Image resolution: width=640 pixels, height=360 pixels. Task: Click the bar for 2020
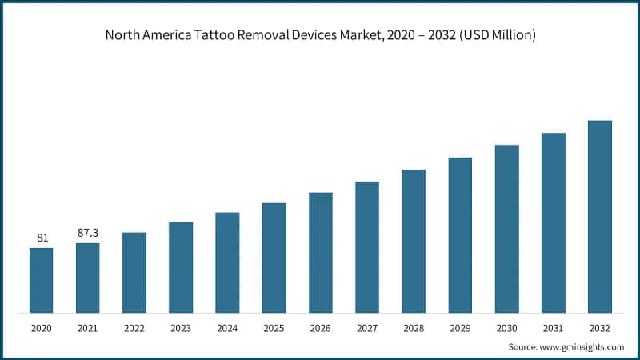[x=42, y=280]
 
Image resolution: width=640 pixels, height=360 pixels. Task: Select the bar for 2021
[x=88, y=278]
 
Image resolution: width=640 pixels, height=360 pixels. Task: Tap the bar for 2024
[x=227, y=262]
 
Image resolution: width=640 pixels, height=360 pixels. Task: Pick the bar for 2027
[x=367, y=246]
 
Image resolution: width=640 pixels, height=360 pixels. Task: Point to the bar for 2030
[x=506, y=229]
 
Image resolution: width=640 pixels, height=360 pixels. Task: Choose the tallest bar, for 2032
[x=600, y=217]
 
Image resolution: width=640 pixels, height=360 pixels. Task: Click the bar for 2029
[x=460, y=235]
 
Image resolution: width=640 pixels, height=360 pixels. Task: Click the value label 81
[x=42, y=238]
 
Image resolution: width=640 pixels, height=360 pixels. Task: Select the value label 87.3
[x=88, y=232]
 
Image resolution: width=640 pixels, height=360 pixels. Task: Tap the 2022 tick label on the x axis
[x=134, y=328]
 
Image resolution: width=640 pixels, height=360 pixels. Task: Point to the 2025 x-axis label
[x=274, y=328]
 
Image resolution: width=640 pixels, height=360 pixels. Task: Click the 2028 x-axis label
[x=414, y=328]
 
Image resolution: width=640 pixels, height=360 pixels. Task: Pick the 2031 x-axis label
[x=553, y=328]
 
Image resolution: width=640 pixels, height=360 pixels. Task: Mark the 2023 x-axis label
[x=181, y=328]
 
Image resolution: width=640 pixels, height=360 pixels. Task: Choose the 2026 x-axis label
[x=320, y=328]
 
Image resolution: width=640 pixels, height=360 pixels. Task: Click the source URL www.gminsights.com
[x=582, y=346]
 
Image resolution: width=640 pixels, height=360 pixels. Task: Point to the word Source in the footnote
[x=523, y=346]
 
